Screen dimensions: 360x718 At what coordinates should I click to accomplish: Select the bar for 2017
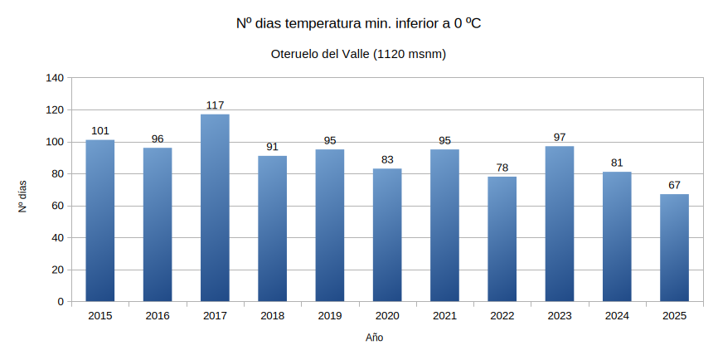pyautogui.click(x=215, y=207)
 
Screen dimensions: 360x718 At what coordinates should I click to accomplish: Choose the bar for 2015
pyautogui.click(x=100, y=221)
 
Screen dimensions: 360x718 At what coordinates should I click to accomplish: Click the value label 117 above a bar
pyautogui.click(x=215, y=105)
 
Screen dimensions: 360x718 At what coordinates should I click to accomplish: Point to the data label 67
pyautogui.click(x=674, y=185)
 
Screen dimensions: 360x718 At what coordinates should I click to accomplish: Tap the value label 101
pyautogui.click(x=100, y=131)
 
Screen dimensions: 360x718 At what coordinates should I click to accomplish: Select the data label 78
pyautogui.click(x=502, y=168)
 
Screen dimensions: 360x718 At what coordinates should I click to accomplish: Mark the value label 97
pyautogui.click(x=560, y=137)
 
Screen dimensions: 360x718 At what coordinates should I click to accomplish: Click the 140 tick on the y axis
pyautogui.click(x=54, y=78)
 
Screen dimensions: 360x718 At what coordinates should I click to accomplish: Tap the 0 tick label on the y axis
pyautogui.click(x=60, y=302)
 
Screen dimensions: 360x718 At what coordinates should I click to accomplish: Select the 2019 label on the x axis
pyautogui.click(x=329, y=316)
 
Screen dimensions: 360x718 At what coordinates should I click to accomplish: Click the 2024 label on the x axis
pyautogui.click(x=617, y=316)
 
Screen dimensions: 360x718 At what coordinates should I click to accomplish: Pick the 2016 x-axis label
pyautogui.click(x=158, y=316)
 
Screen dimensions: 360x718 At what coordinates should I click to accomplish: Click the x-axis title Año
pyautogui.click(x=375, y=338)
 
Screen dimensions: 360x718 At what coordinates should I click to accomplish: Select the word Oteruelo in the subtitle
pyautogui.click(x=294, y=54)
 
